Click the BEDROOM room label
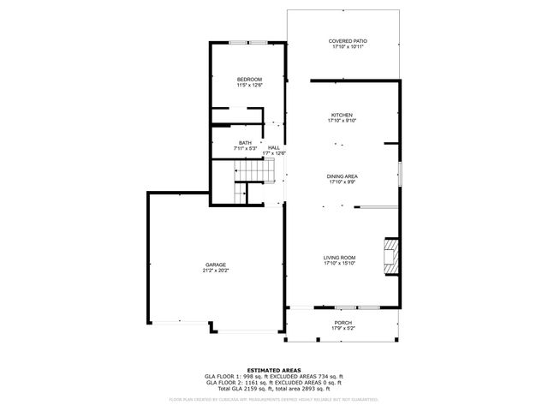click(x=249, y=79)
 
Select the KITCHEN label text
click(x=342, y=115)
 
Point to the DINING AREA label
click(x=342, y=176)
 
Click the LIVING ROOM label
click(x=339, y=258)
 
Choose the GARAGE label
click(x=215, y=265)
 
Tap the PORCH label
click(x=342, y=323)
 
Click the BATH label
click(x=246, y=143)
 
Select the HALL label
click(x=274, y=147)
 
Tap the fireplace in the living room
click(x=391, y=256)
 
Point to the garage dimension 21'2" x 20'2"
click(x=215, y=271)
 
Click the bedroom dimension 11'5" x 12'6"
click(x=249, y=85)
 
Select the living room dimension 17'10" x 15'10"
click(x=339, y=264)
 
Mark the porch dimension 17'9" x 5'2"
click(x=342, y=329)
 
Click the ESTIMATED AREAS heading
click(x=273, y=370)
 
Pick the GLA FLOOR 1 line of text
click(x=273, y=377)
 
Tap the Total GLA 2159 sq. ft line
click(x=273, y=389)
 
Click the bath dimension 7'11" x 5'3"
click(x=246, y=149)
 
